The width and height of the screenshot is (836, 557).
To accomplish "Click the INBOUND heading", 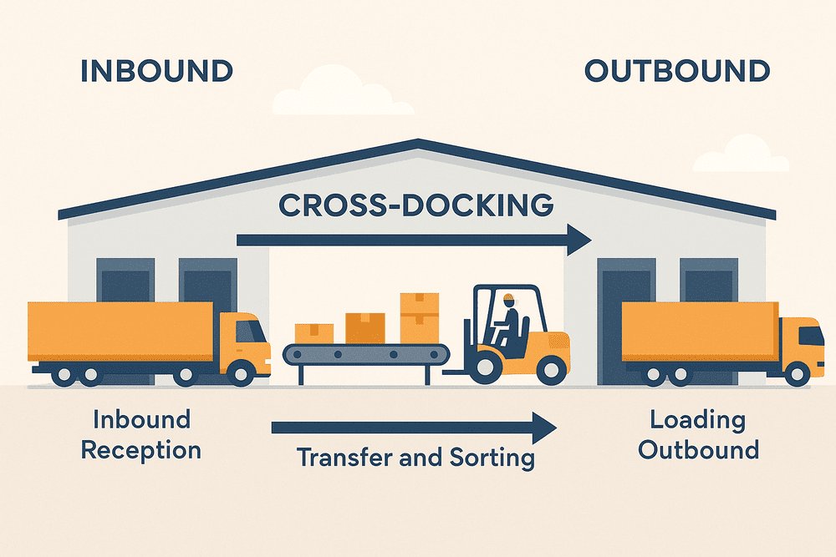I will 156,71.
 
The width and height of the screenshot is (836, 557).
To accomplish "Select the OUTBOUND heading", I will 677,71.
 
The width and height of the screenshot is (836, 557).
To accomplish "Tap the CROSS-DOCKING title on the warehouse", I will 415,205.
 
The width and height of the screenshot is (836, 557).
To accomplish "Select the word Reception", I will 140,450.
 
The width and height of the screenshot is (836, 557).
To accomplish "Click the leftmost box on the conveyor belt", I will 314,332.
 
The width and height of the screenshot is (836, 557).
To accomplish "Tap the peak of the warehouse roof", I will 418,144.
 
